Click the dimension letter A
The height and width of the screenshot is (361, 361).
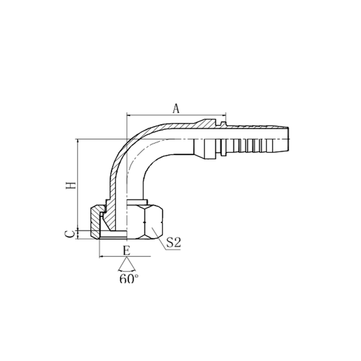coord(176,108)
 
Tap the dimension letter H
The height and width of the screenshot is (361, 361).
coord(71,185)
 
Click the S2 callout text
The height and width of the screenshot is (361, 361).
coord(174,243)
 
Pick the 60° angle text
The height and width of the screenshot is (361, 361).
coord(128,279)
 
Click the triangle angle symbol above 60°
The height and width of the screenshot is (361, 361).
coord(126,265)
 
